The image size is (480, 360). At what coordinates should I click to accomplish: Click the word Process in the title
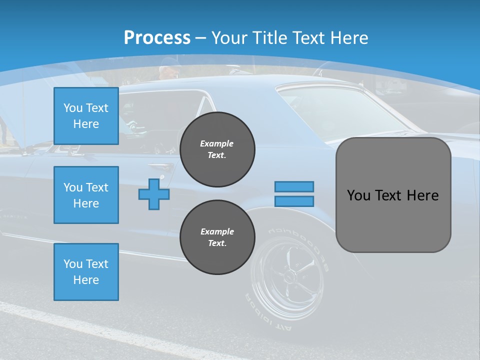pos(157,37)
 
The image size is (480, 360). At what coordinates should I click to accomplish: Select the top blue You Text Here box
pos(86,116)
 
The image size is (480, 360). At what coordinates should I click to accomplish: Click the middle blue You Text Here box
pos(86,195)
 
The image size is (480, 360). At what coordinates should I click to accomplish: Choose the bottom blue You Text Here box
pos(86,271)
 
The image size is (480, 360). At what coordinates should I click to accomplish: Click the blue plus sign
pos(154,193)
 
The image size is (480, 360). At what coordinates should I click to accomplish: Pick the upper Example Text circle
pos(217,149)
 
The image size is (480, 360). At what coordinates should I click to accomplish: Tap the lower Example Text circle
pos(217,237)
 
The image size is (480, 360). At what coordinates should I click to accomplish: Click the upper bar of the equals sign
pos(294,186)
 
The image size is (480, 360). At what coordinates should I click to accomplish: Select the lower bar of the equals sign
pos(294,201)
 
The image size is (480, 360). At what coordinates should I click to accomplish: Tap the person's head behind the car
pos(169,70)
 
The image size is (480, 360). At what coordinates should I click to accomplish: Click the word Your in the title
pos(229,38)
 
